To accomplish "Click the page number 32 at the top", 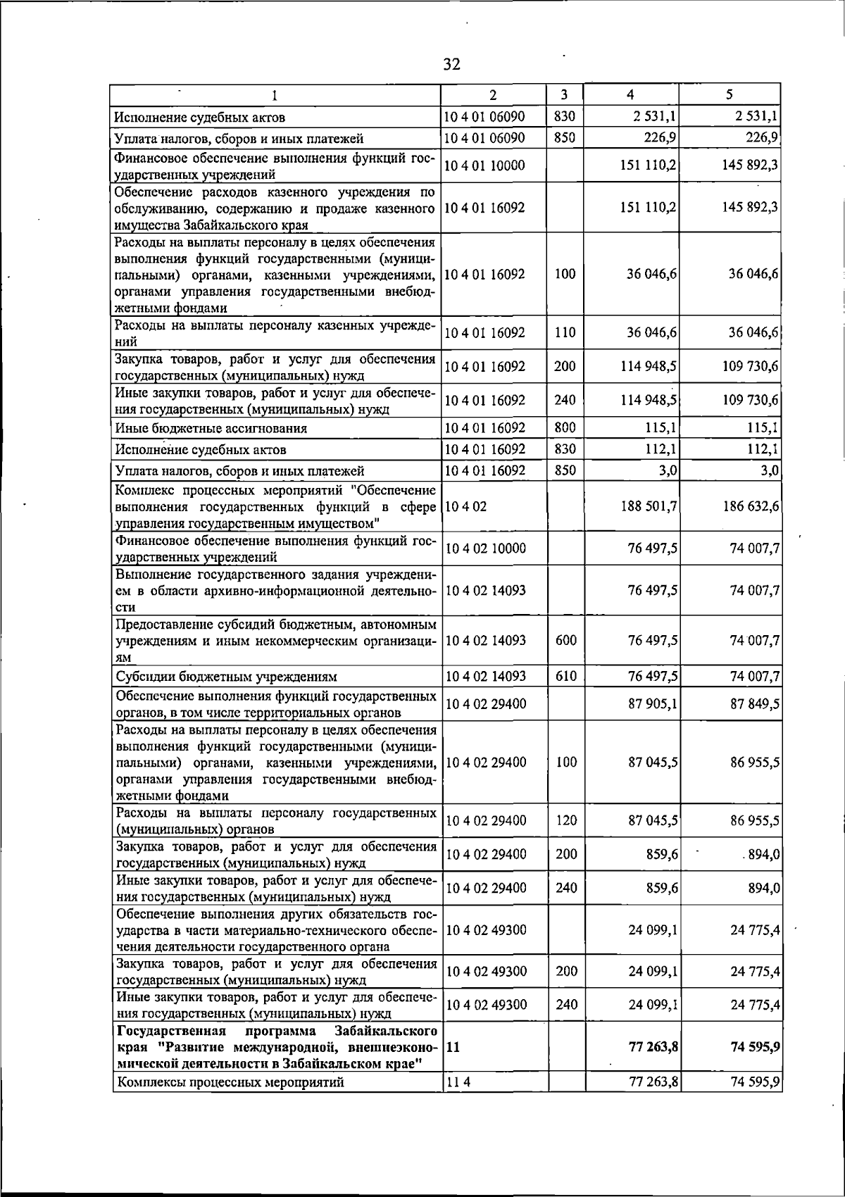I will coord(451,65).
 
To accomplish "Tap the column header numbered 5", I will coord(730,94).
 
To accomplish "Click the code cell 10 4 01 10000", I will coord(485,165).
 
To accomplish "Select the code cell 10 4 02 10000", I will coord(486,549).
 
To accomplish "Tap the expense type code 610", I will coord(566,677).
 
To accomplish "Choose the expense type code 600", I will coord(566,640).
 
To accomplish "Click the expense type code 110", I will coord(565,333).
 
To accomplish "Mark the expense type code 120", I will coord(566,820).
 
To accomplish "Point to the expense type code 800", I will coord(565,427).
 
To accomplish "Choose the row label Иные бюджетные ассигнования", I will coord(211,428).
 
